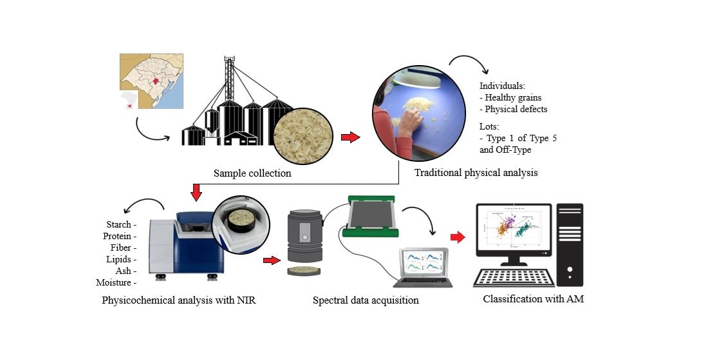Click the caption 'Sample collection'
click(253, 173)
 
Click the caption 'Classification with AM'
click(534, 298)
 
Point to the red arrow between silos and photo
click(349, 137)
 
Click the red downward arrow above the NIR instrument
click(196, 191)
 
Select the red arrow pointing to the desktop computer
click(457, 238)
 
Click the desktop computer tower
click(570, 245)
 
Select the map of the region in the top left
click(152, 81)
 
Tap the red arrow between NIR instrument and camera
click(272, 260)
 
